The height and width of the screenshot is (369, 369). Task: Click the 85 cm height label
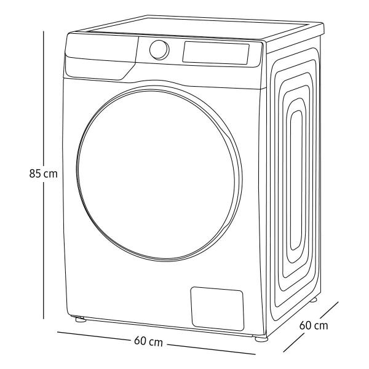point(43,173)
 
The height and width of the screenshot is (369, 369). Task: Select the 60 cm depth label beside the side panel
point(314,325)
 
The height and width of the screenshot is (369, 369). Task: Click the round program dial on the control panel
point(159,50)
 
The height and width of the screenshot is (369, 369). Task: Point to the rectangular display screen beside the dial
point(216,53)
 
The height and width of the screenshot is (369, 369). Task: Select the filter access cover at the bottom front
point(217,309)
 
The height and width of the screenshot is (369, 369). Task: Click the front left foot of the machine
point(80,319)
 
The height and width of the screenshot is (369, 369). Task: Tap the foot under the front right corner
point(261,339)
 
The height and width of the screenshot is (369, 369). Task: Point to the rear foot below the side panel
point(313,300)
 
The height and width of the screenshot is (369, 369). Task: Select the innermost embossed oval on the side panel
point(296,180)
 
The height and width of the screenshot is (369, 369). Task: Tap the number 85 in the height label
point(35,173)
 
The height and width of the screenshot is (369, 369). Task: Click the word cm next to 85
point(50,175)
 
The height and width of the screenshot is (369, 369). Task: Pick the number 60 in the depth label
point(306,325)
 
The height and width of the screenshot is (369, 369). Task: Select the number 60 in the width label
point(140,341)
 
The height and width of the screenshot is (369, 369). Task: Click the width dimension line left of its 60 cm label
point(93,336)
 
